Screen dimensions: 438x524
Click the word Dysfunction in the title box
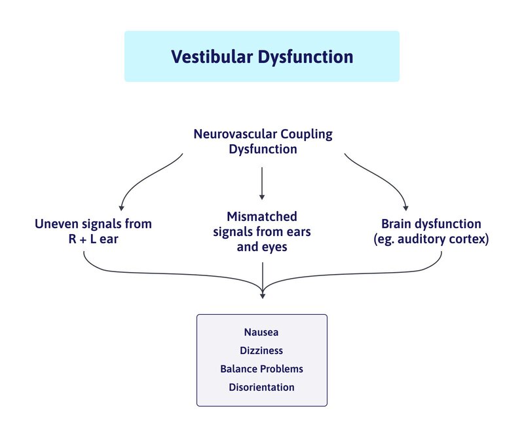click(306, 56)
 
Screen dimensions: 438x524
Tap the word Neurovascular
click(235, 134)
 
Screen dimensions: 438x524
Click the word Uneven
click(56, 224)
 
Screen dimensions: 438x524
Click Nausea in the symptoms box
click(262, 333)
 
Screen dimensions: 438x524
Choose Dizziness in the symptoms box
click(262, 351)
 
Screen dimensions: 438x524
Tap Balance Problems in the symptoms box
click(262, 368)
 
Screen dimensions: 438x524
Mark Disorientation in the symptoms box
click(262, 387)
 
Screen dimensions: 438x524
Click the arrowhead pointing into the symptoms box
click(262, 296)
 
